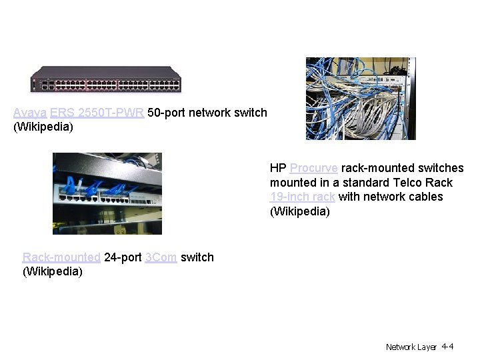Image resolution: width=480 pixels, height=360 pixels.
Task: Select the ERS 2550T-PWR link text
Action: coord(97,113)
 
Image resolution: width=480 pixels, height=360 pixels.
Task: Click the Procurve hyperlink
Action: coord(314,168)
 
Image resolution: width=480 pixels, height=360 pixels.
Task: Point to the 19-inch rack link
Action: coord(303,197)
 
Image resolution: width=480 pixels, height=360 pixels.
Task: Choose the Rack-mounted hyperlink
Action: coord(61,257)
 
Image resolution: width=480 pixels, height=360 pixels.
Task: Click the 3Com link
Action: coord(161,257)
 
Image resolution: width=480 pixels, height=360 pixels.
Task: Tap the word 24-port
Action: coord(123,257)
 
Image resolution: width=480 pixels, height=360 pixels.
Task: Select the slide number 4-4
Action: coord(447,347)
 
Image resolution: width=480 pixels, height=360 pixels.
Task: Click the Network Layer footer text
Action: coord(411,347)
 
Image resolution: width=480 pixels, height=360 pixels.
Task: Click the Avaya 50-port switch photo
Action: coord(107,80)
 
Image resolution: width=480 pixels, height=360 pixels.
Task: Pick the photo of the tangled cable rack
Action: coord(360,98)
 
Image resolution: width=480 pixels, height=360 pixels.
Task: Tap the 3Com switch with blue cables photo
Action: coord(107,193)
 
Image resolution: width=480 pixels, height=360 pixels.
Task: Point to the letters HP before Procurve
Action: coord(278,168)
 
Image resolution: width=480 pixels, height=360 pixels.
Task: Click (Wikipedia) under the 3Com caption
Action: coord(53,271)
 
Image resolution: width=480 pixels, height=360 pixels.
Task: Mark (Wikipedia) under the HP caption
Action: coord(299,211)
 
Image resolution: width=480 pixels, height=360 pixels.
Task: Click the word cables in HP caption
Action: coord(427,197)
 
